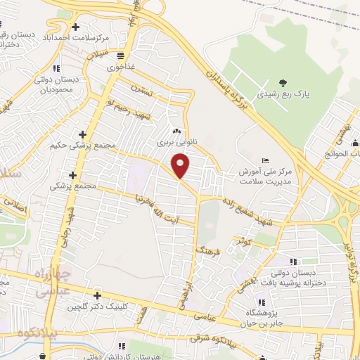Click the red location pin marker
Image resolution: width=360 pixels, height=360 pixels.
tap(181, 166)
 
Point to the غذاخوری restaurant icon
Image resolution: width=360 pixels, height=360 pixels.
tap(121, 56)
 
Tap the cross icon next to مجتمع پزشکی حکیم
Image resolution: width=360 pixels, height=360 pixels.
tap(83, 134)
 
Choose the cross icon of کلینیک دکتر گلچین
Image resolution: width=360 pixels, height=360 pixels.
tap(97, 295)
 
